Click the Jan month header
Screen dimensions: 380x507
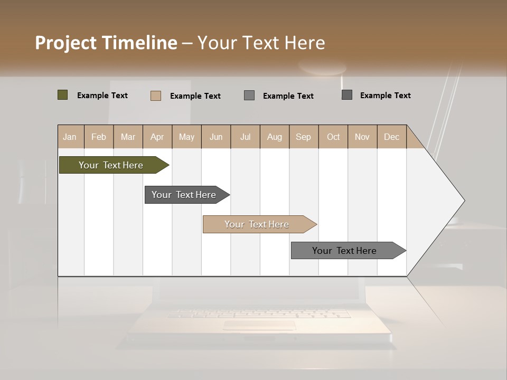coord(70,137)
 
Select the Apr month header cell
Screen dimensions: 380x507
coord(157,137)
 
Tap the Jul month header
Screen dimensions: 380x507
coord(245,137)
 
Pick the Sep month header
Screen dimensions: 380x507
coord(303,137)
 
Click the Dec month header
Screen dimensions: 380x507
coord(391,137)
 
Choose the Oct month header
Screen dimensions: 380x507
coord(333,137)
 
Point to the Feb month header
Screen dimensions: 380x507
coord(99,137)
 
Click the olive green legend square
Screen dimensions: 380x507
coord(63,95)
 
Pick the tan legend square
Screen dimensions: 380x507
coord(156,96)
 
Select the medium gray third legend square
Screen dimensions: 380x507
coord(249,95)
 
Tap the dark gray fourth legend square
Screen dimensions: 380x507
coord(347,95)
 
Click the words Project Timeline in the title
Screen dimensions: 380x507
coord(106,43)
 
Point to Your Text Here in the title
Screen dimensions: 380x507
coord(261,43)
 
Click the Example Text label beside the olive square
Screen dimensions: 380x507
coord(102,96)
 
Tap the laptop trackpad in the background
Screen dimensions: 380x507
coord(259,325)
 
